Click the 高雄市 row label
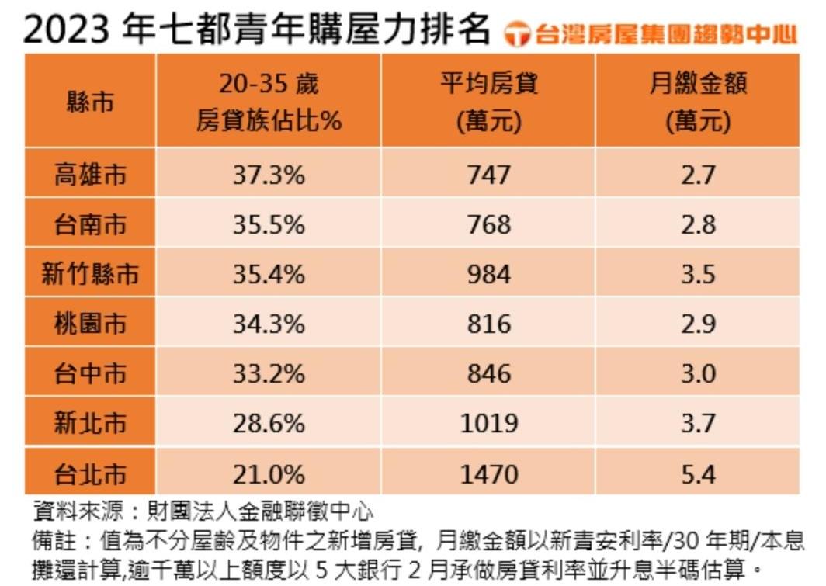click(x=90, y=175)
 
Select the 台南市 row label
click(x=90, y=224)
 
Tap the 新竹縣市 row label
click(x=90, y=274)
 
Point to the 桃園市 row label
click(x=90, y=324)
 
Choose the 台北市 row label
click(x=90, y=473)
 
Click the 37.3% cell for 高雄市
click(x=269, y=175)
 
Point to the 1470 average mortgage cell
click(x=489, y=473)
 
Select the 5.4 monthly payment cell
click(x=697, y=473)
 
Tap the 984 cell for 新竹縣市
click(x=489, y=274)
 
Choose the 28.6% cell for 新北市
click(x=269, y=423)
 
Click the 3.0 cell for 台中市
click(x=697, y=373)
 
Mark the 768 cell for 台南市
click(x=489, y=224)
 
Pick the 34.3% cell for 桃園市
click(x=269, y=324)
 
